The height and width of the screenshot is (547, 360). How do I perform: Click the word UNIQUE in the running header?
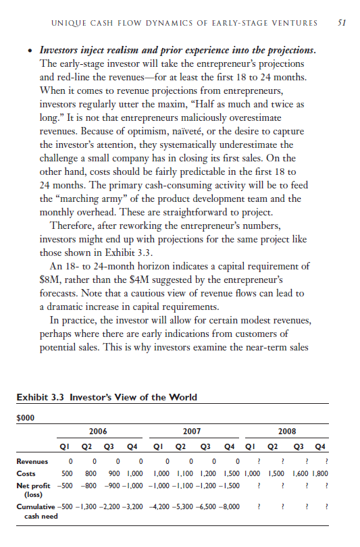coord(66,23)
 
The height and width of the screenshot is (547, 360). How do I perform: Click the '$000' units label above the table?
coord(25,417)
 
